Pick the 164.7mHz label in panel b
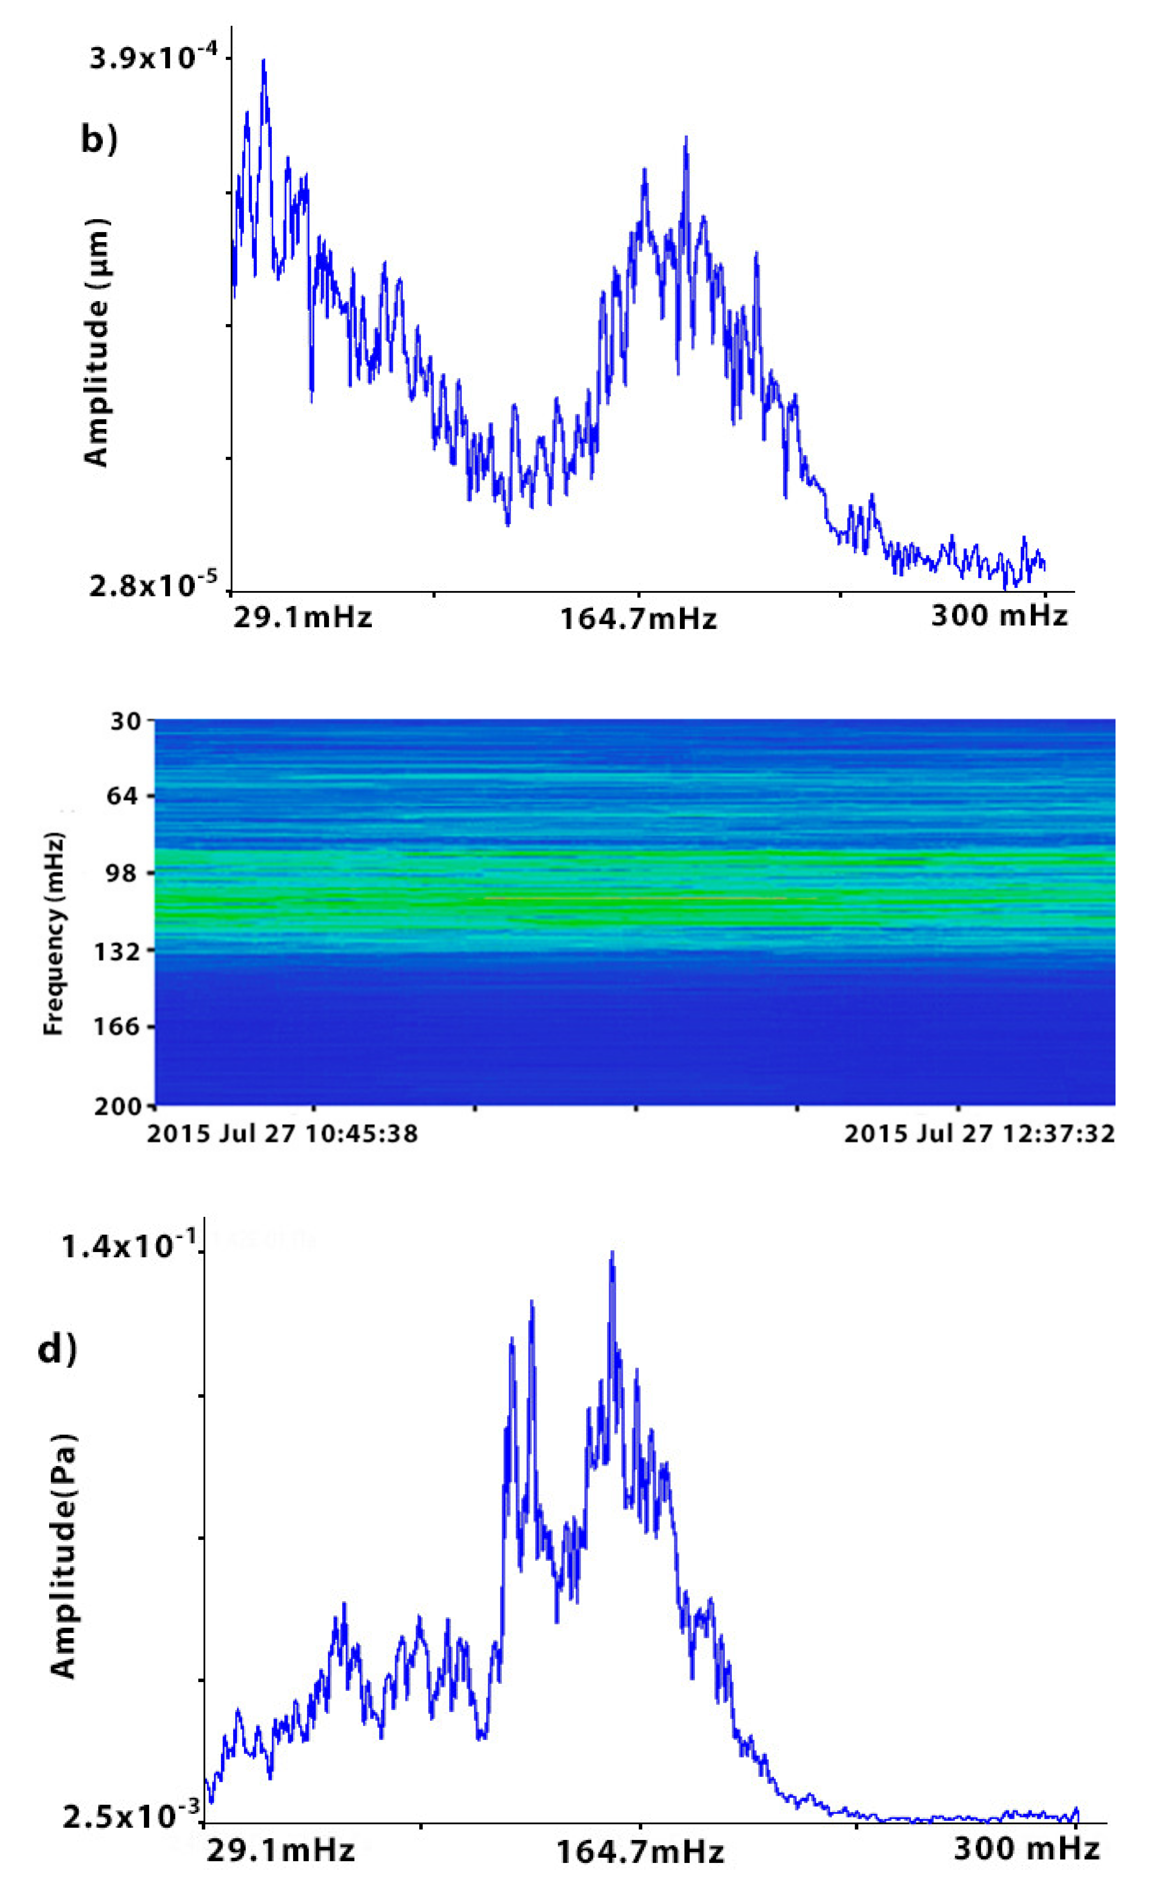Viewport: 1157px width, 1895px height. pyautogui.click(x=638, y=618)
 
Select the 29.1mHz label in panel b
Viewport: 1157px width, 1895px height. pyautogui.click(x=302, y=617)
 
